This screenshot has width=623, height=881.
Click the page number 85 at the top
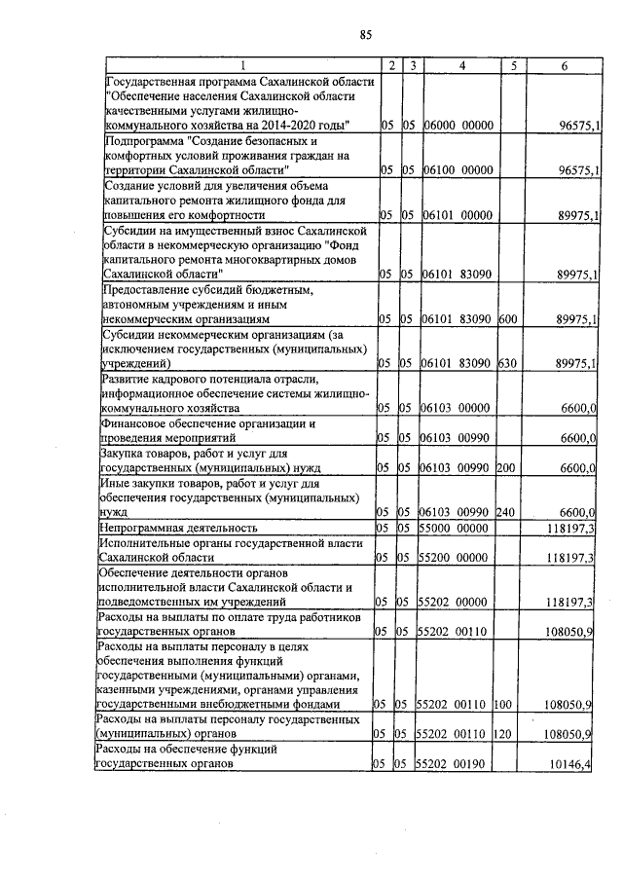point(365,36)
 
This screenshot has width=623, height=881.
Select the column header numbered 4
point(460,65)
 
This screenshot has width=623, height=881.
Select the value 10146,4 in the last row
point(570,766)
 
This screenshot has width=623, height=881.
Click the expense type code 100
point(503,703)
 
